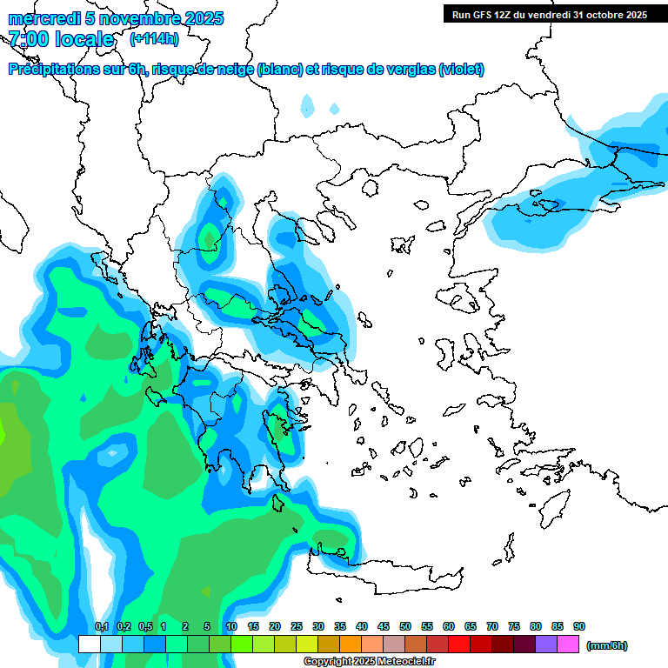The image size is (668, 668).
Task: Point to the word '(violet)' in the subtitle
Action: coord(461,70)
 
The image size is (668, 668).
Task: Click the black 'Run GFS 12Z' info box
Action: coord(549,14)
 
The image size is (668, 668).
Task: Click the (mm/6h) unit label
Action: coord(606,645)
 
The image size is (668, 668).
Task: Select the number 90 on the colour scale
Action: coord(579,626)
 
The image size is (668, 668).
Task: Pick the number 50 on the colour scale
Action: coord(405,626)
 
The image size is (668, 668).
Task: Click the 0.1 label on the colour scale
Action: coord(101,626)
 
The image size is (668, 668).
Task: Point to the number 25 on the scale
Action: coord(297,626)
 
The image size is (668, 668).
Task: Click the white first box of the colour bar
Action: coord(89,645)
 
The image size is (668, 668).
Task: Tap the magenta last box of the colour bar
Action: coord(569,645)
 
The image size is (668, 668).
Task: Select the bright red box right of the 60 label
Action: coord(459,645)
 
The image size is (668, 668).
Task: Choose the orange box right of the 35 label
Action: coord(351,645)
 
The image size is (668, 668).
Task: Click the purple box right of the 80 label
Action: coord(546,645)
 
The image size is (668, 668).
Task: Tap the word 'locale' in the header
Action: coord(83,39)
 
